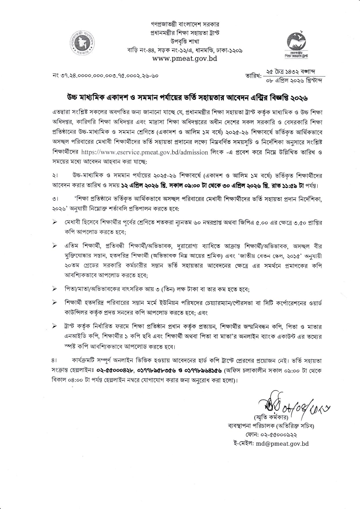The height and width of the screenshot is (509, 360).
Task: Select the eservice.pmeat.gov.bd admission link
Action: tap(145, 152)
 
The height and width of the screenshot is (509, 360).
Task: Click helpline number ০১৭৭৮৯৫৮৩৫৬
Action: tap(156, 371)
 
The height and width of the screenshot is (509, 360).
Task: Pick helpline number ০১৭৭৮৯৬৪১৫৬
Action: tap(201, 371)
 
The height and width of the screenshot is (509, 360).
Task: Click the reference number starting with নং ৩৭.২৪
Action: tap(106, 76)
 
